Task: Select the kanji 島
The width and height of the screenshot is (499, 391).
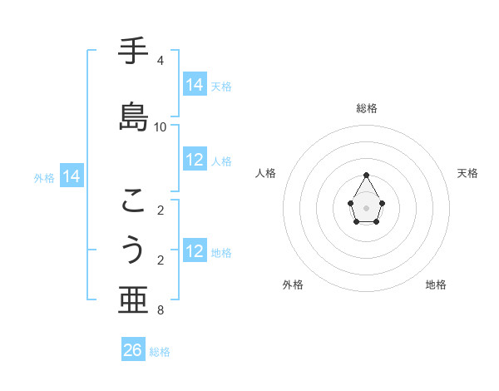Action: (134, 117)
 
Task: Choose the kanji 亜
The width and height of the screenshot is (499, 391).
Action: (134, 300)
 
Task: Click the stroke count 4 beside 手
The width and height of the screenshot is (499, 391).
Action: (160, 61)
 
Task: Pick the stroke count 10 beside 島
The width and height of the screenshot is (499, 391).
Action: (161, 127)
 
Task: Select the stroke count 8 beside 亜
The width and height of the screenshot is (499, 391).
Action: (160, 310)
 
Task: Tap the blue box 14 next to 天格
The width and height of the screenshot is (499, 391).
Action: (195, 85)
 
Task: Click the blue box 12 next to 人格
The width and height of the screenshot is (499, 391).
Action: (195, 160)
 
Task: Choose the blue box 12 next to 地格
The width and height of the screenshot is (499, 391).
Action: (195, 251)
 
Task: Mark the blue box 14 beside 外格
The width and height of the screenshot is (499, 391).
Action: (72, 176)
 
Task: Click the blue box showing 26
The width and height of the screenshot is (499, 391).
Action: (133, 350)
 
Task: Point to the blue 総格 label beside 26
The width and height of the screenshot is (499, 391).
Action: (160, 352)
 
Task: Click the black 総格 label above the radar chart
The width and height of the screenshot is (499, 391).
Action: (367, 108)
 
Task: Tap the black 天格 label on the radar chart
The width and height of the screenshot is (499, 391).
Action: (468, 173)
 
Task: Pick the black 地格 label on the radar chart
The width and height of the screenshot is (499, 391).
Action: (436, 285)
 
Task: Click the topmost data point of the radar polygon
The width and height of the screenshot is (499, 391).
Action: (367, 175)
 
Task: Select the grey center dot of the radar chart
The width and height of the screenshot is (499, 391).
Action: (367, 207)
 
